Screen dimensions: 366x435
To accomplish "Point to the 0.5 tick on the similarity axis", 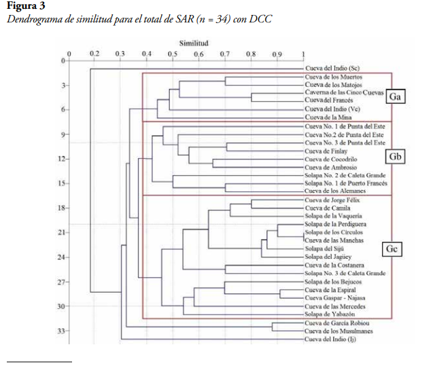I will click(x=172, y=53).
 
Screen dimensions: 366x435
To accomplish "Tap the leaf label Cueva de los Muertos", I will click(x=334, y=77).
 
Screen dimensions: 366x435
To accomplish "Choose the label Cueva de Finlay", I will click(x=325, y=151).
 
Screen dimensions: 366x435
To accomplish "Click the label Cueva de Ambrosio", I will click(x=330, y=168).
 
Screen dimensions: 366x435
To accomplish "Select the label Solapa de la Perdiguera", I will click(x=336, y=225).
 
